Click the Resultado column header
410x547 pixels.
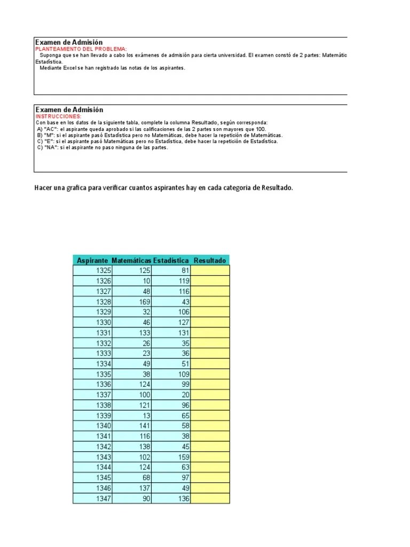210,260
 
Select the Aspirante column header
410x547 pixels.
92,260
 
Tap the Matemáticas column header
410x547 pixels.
132,260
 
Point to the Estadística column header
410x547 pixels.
171,260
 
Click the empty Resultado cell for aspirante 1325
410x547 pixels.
210,271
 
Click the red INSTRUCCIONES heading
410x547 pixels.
59,116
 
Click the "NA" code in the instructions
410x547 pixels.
51,148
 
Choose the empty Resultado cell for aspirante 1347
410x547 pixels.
210,498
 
